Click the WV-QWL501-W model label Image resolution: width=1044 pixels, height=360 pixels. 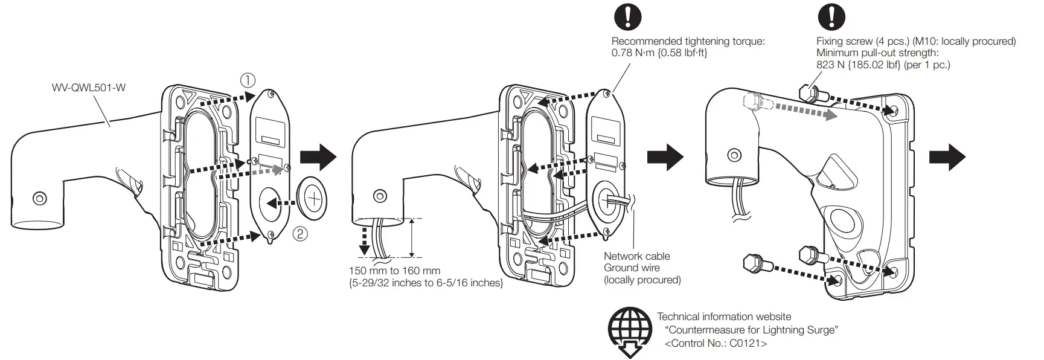point(88,87)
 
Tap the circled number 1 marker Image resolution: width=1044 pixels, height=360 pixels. point(248,80)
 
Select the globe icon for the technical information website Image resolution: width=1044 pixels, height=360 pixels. point(630,330)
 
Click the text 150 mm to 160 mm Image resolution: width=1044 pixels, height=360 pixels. point(394,271)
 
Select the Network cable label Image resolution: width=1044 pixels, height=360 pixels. point(636,256)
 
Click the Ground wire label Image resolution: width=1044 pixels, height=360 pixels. point(632,268)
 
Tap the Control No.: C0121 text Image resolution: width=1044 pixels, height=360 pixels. point(715,343)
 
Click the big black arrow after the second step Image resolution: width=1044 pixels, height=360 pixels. point(664,157)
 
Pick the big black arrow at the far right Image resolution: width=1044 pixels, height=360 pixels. point(946,157)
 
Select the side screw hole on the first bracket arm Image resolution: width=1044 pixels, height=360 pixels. point(40,198)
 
